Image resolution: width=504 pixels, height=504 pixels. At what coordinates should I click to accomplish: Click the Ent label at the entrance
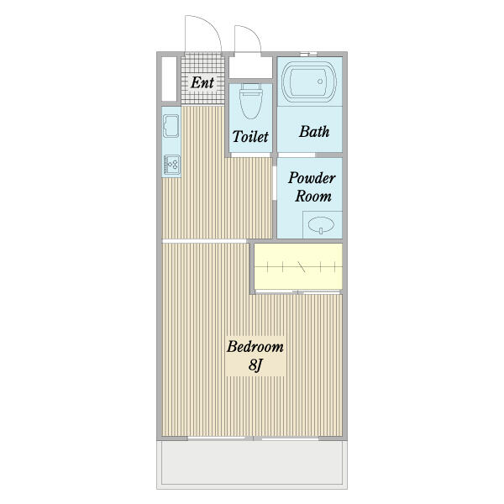(202, 82)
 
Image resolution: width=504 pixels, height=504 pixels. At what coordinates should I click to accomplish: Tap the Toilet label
(250, 137)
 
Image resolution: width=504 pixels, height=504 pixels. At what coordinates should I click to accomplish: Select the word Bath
(314, 132)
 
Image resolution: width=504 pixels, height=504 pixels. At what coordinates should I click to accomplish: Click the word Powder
(312, 178)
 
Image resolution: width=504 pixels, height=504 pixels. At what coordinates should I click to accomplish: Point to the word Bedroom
(255, 347)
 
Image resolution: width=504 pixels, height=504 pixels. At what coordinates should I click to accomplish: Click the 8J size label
(255, 365)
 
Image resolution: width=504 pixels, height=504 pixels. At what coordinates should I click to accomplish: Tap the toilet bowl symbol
(250, 102)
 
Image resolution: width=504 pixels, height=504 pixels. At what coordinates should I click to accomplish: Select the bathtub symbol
(309, 81)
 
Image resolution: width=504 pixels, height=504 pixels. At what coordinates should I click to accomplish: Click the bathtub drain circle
(320, 81)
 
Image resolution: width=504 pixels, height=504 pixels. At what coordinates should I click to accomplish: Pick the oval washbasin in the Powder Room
(321, 224)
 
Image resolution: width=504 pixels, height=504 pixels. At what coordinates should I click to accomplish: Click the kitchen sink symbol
(171, 126)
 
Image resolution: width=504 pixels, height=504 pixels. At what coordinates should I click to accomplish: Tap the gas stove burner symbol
(172, 165)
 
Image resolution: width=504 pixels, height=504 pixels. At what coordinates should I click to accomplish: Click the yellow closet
(298, 266)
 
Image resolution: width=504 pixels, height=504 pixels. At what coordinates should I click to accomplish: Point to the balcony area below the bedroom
(252, 462)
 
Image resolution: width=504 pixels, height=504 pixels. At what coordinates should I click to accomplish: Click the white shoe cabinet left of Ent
(169, 79)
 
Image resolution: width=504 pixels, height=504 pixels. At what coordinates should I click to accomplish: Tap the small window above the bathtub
(309, 54)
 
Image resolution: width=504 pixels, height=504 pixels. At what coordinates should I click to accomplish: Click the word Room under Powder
(313, 196)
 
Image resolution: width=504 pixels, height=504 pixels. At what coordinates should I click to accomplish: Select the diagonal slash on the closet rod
(302, 267)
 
